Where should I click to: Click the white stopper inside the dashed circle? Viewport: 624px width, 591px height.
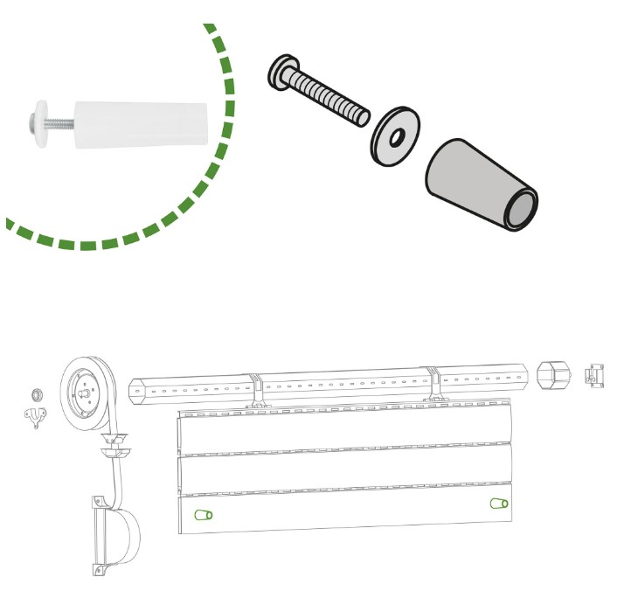pos(140,126)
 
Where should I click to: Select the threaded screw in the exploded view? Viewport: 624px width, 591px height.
pos(328,94)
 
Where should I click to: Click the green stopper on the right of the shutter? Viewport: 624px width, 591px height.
pos(498,504)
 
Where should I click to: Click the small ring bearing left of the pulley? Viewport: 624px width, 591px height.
pos(37,393)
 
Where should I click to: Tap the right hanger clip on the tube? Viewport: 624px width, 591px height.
pos(433,385)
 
